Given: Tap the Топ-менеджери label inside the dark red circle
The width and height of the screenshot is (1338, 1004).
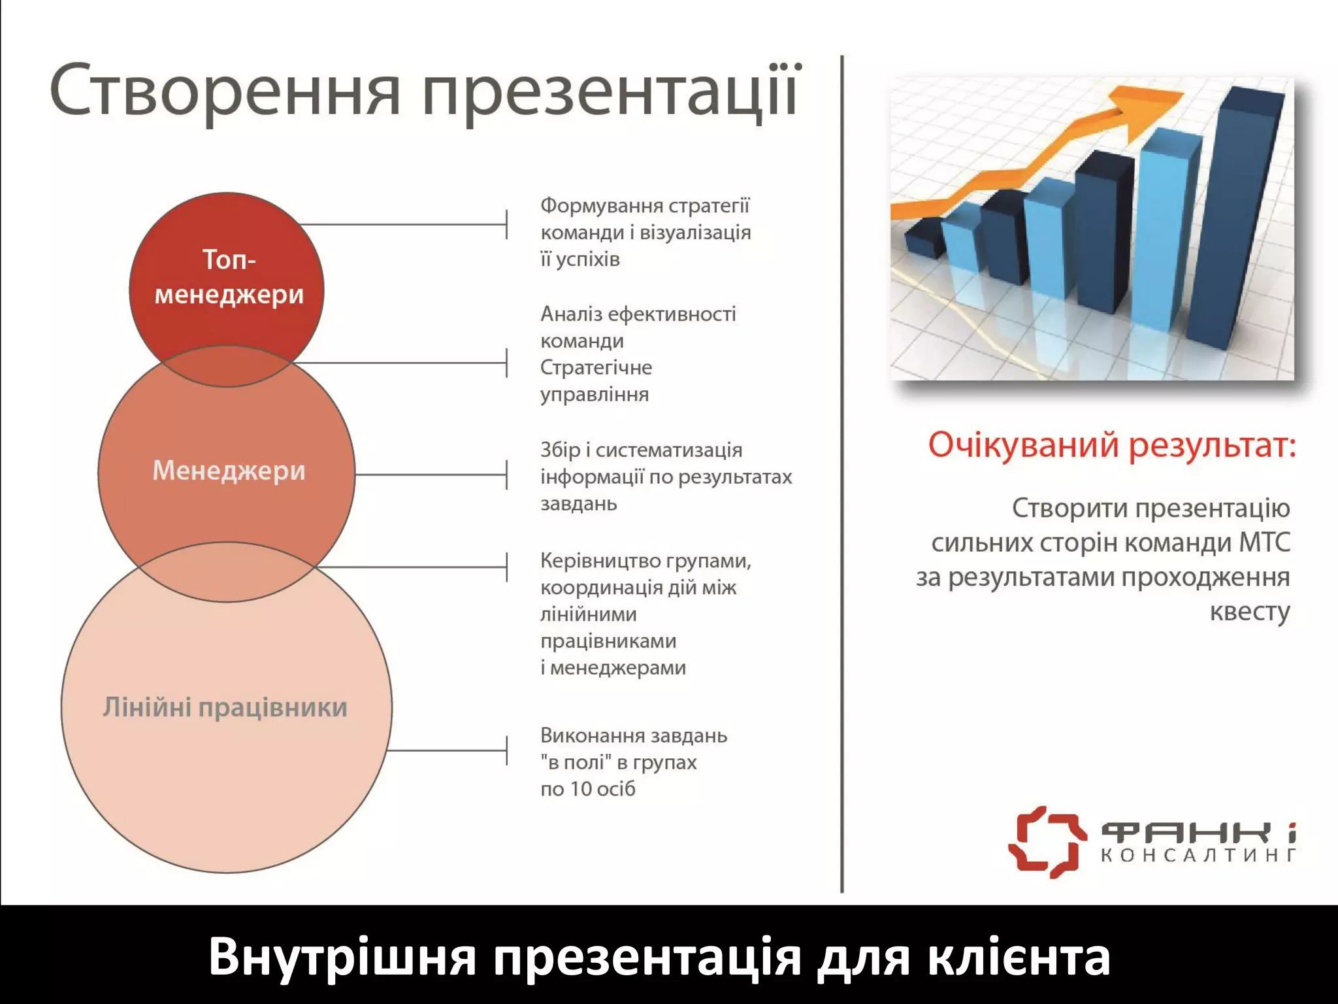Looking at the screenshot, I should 229,278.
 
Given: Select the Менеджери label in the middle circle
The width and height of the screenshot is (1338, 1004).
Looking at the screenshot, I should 229,471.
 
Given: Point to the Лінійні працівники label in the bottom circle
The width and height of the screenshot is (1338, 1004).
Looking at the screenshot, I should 225,708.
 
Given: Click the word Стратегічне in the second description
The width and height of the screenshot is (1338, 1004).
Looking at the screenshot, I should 596,367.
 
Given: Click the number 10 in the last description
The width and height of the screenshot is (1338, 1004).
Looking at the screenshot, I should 581,789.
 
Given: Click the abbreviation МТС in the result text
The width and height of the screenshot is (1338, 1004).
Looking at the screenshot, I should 1265,543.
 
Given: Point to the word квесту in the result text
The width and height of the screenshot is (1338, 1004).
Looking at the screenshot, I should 1249,612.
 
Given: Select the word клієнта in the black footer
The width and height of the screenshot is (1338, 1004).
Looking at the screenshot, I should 1019,957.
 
